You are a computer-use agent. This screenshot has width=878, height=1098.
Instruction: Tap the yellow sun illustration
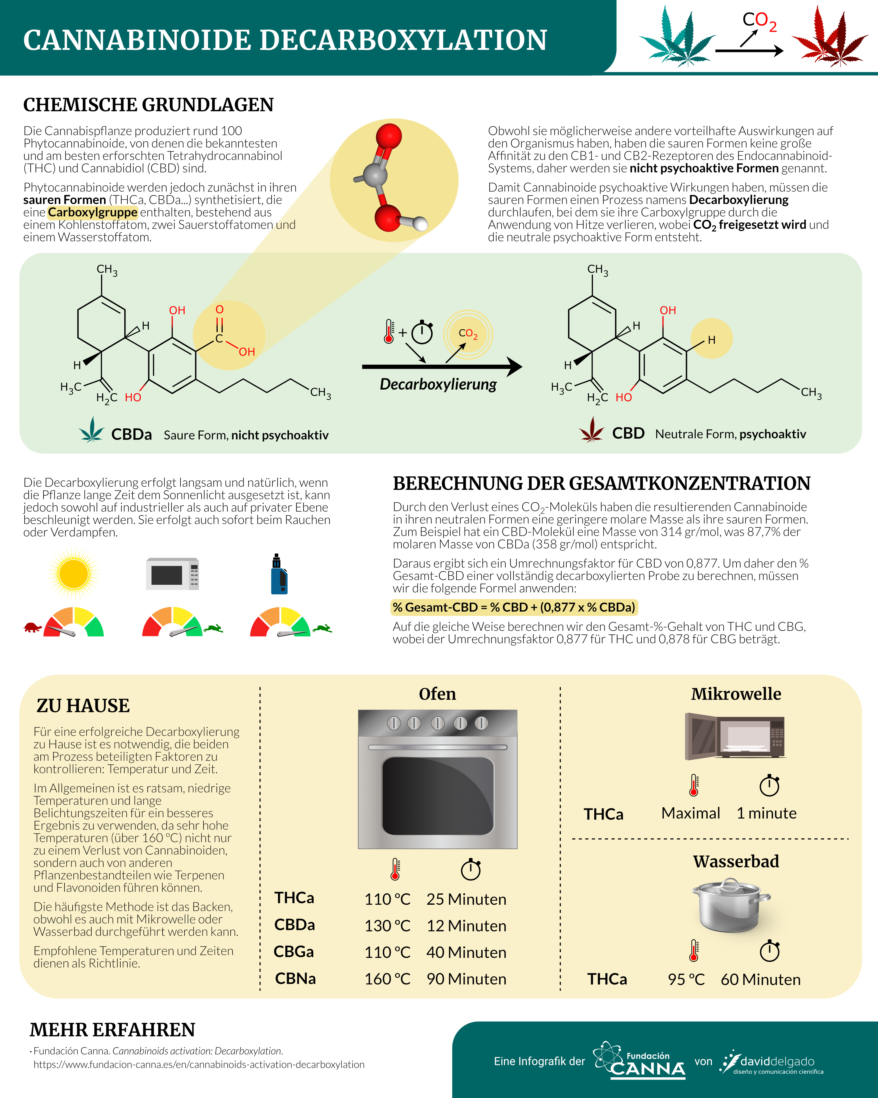click(73, 573)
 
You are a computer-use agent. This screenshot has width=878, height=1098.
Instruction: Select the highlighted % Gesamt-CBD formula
click(514, 607)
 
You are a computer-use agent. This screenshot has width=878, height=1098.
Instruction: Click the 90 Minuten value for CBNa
click(466, 978)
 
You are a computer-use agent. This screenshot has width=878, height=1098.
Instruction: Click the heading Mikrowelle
click(736, 694)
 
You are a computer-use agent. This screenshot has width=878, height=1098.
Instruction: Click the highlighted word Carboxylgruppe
click(93, 212)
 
